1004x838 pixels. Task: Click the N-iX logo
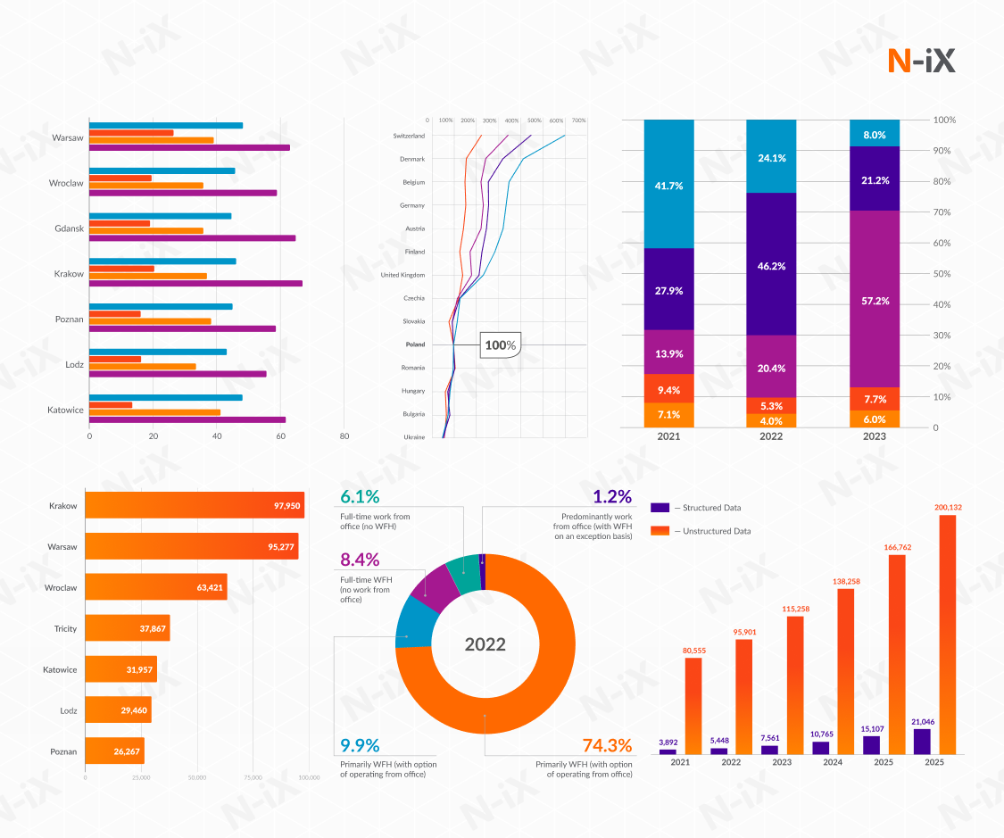tap(922, 61)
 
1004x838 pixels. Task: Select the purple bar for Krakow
tap(195, 284)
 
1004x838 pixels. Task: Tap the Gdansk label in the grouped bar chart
tap(69, 228)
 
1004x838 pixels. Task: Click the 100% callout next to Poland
tap(501, 345)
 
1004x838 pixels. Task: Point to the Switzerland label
tap(409, 136)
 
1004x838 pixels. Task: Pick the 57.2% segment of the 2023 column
tap(874, 300)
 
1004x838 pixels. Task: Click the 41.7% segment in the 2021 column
tap(668, 186)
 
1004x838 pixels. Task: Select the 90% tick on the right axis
tap(943, 151)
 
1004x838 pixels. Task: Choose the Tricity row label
tap(65, 629)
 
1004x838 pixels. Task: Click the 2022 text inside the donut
tap(485, 644)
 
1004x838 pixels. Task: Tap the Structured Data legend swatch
tap(660, 508)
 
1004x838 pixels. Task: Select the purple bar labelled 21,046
tap(922, 742)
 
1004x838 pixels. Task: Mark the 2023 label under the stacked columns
tap(875, 436)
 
